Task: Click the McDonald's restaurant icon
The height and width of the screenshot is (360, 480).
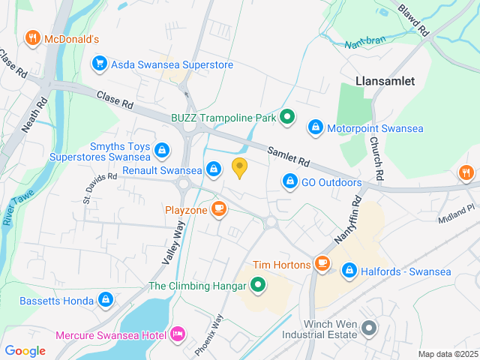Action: click(32, 37)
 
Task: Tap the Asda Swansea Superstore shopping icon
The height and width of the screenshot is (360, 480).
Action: click(98, 64)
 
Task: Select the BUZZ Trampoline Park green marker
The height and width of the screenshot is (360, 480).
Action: click(287, 118)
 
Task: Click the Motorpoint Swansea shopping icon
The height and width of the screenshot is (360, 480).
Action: click(316, 128)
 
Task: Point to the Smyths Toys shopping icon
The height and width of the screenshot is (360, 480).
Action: click(161, 151)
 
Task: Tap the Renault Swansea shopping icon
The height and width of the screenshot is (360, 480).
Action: click(214, 169)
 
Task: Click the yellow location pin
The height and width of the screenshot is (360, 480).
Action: click(240, 168)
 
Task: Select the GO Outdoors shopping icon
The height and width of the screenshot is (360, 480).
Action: click(290, 181)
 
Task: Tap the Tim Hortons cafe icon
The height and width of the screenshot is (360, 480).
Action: click(322, 264)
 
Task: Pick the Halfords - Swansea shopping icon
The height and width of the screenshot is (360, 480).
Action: click(349, 271)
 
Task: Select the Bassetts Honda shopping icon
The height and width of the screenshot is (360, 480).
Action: click(105, 301)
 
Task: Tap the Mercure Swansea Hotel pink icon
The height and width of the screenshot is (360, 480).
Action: click(178, 332)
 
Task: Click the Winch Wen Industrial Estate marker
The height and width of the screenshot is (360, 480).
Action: click(368, 328)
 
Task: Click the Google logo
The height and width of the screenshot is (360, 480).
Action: click(25, 350)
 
